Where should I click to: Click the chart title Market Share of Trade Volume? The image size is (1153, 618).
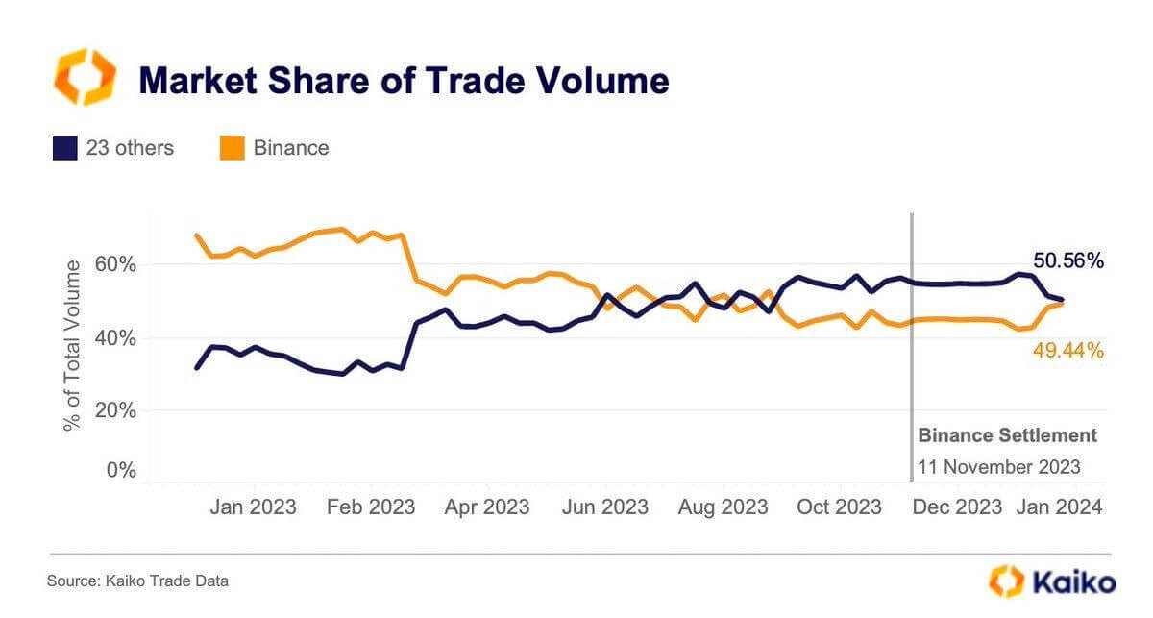click(x=404, y=81)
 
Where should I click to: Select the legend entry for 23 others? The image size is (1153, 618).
click(x=113, y=148)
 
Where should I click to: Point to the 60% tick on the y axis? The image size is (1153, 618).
click(x=114, y=264)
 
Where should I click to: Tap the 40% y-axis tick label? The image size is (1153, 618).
click(x=114, y=338)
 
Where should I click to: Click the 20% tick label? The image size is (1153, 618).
click(x=114, y=410)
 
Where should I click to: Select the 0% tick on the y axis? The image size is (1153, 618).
click(x=120, y=470)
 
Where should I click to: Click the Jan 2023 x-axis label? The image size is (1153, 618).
click(x=253, y=507)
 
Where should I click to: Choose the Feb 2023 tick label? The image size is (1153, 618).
click(x=370, y=507)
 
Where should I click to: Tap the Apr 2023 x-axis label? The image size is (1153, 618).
click(x=486, y=507)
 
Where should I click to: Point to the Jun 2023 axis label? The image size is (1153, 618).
click(x=604, y=507)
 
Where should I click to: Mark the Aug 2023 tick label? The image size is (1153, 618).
click(x=724, y=507)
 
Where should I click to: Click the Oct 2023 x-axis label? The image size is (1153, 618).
click(x=839, y=507)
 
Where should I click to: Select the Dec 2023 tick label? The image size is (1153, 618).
click(x=957, y=507)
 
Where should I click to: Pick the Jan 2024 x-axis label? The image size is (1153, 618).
click(x=1060, y=507)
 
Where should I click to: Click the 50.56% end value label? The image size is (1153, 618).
click(x=1068, y=260)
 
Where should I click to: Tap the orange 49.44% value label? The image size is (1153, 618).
click(x=1068, y=352)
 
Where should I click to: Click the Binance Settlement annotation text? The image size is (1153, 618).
click(x=1007, y=435)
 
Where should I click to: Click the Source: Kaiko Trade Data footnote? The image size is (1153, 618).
click(x=138, y=581)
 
